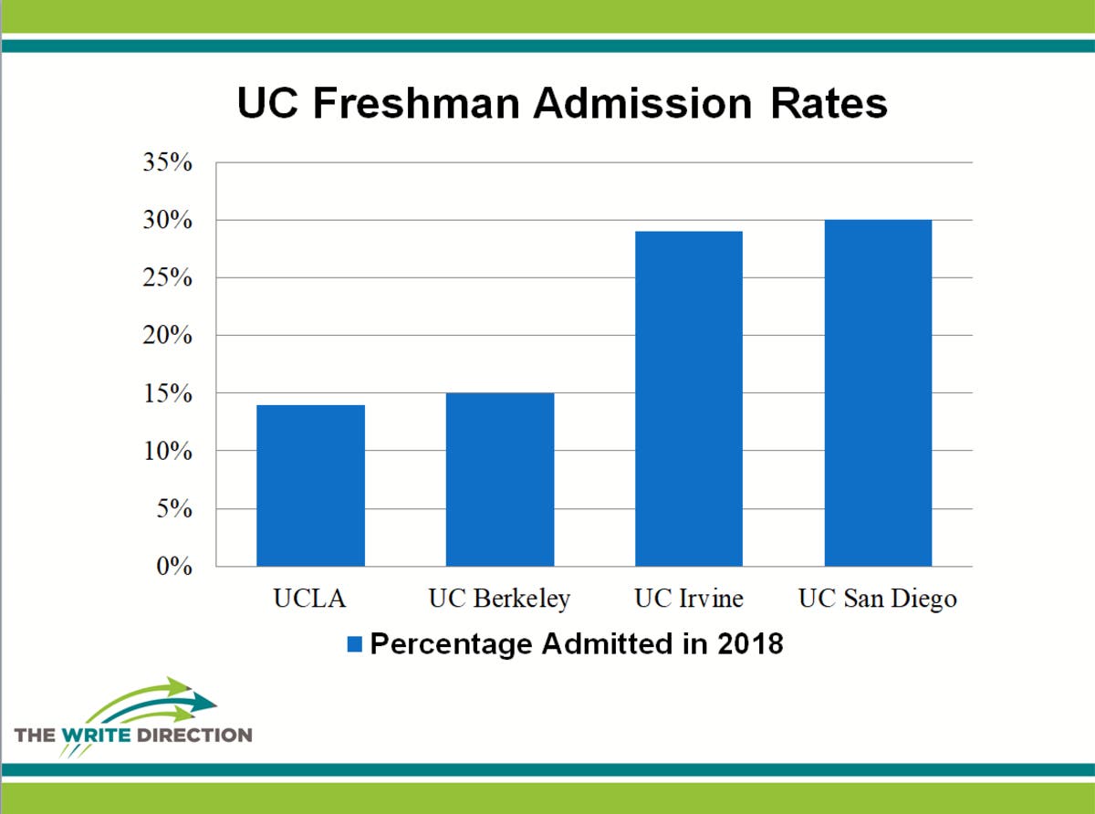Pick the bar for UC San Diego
point(878,393)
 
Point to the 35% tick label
point(167,163)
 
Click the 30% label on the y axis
point(167,221)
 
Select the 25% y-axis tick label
point(167,278)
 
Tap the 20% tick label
point(167,336)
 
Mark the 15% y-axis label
point(167,394)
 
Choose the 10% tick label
point(167,452)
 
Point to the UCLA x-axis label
point(310,600)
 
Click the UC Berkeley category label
point(499,600)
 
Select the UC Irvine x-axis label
point(689,600)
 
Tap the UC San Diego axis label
point(878,600)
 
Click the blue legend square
point(354,645)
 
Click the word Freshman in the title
point(418,104)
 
